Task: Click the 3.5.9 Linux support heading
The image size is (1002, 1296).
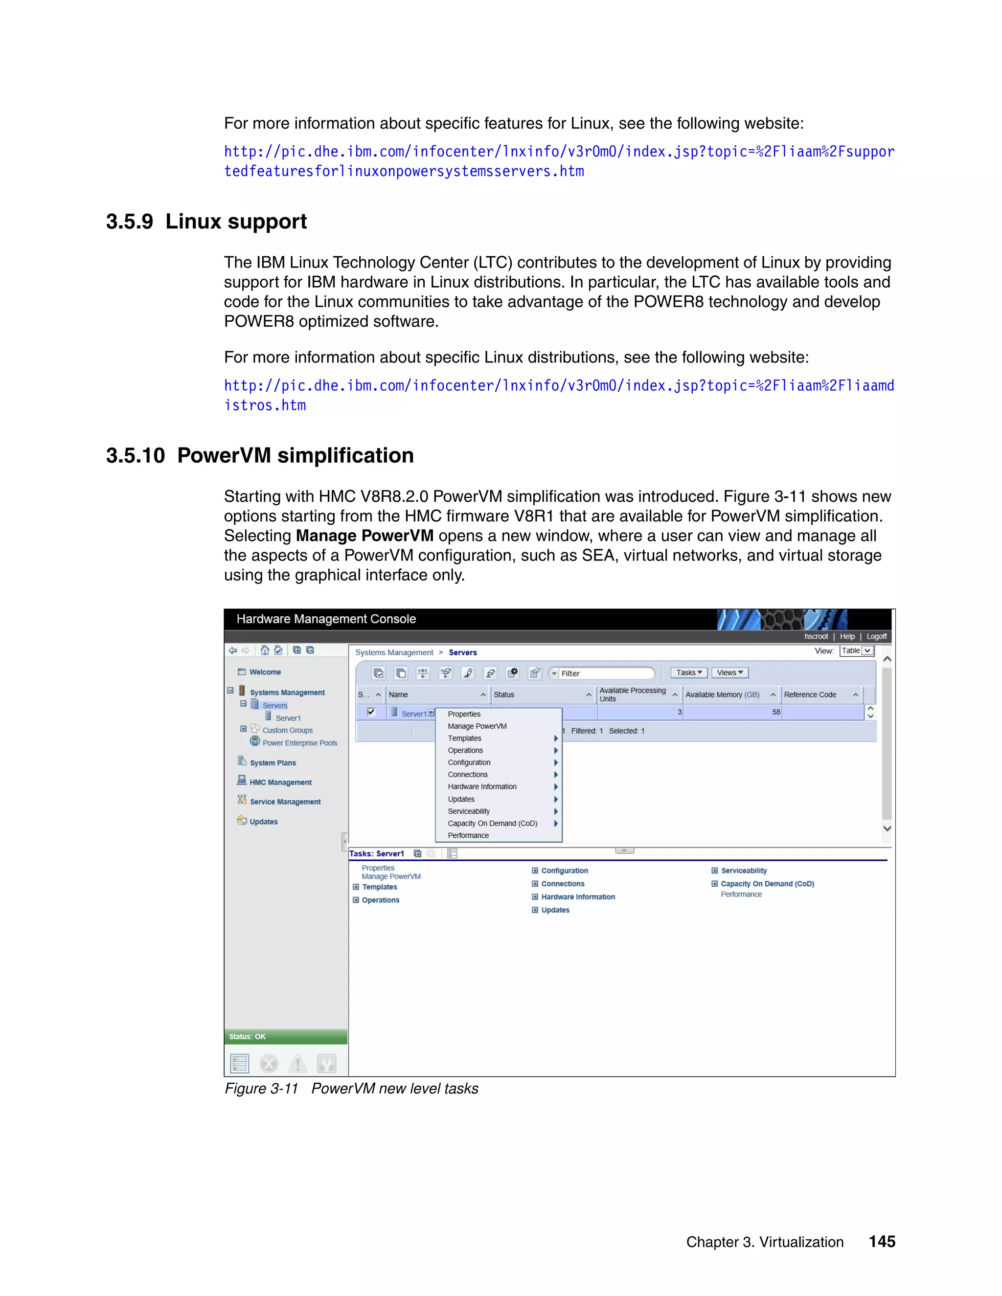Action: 206,222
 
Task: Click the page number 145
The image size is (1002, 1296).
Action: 882,1241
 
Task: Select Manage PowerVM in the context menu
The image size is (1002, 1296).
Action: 477,726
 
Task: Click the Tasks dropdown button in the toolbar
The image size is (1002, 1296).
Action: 688,672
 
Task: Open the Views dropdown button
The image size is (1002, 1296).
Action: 729,672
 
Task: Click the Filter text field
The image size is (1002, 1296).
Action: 606,673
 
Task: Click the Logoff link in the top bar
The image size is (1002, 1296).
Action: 876,636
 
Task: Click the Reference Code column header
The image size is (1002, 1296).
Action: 810,694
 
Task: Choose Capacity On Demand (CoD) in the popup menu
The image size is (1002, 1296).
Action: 492,823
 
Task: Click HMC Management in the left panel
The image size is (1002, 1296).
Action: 280,782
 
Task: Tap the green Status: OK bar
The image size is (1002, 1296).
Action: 286,1037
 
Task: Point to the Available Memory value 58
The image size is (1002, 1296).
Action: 776,712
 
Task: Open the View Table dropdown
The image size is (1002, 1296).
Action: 857,651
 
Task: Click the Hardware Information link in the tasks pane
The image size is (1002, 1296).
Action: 578,896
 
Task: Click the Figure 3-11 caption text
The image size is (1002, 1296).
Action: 351,1088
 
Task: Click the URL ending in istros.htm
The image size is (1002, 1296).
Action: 265,405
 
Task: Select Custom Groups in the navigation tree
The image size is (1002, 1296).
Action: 287,731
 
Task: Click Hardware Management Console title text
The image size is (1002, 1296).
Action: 326,619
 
